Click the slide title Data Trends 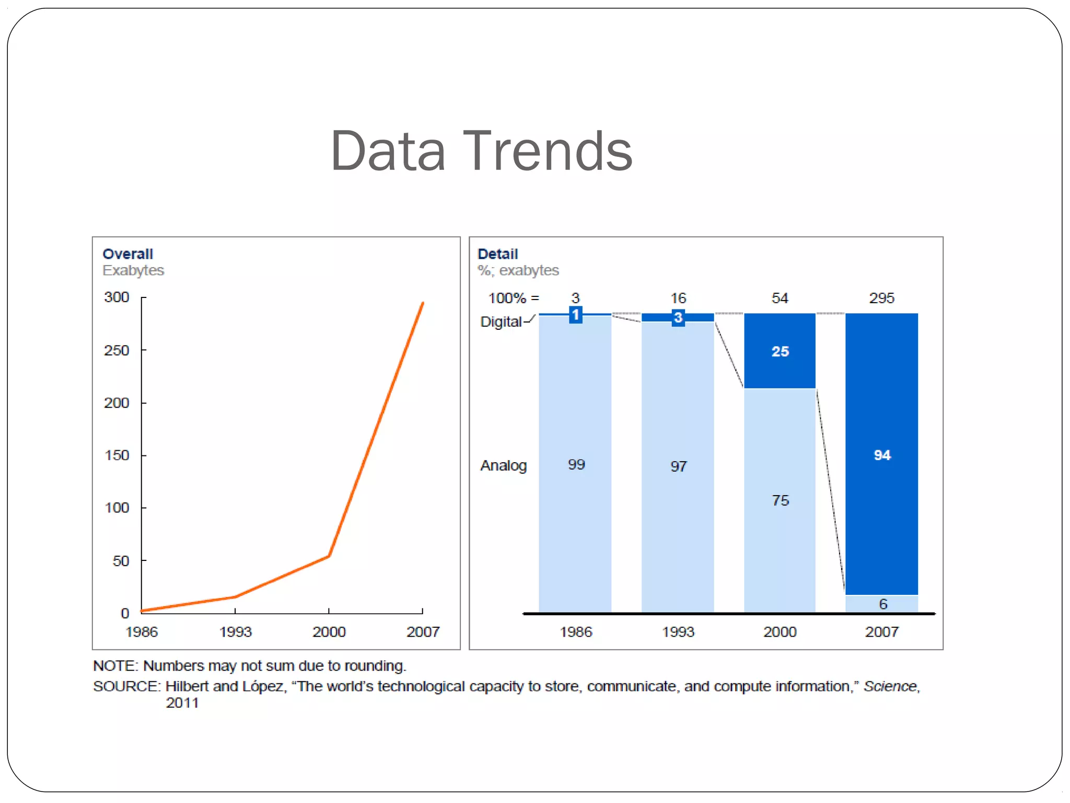click(x=481, y=152)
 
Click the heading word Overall click(x=127, y=254)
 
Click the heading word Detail click(x=497, y=254)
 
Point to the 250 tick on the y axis click(x=117, y=350)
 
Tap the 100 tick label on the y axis click(x=117, y=508)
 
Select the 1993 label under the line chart click(x=235, y=632)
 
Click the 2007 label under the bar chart click(x=882, y=632)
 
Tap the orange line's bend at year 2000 click(x=329, y=556)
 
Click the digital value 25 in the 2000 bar click(x=780, y=352)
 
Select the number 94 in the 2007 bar click(x=882, y=455)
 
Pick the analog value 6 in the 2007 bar click(x=883, y=604)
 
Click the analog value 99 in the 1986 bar click(x=576, y=465)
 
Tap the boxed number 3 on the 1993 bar click(x=678, y=317)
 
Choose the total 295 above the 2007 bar click(x=881, y=299)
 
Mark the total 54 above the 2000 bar click(x=780, y=299)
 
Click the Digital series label click(x=501, y=322)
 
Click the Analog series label click(x=503, y=466)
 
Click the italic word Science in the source click(x=890, y=686)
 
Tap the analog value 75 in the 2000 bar click(x=780, y=501)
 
